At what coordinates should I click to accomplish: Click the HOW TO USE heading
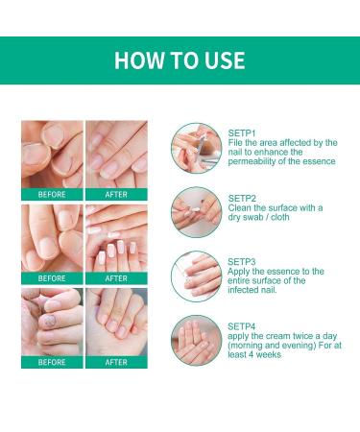click(x=180, y=61)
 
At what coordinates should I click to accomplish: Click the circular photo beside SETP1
click(x=192, y=145)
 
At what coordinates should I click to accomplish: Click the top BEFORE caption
click(x=52, y=193)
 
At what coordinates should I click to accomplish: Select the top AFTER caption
click(x=116, y=193)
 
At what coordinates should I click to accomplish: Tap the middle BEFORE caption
click(x=52, y=278)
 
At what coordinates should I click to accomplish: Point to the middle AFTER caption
click(x=116, y=278)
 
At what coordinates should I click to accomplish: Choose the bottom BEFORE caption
click(x=52, y=362)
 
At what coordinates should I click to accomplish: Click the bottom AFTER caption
click(x=116, y=362)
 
